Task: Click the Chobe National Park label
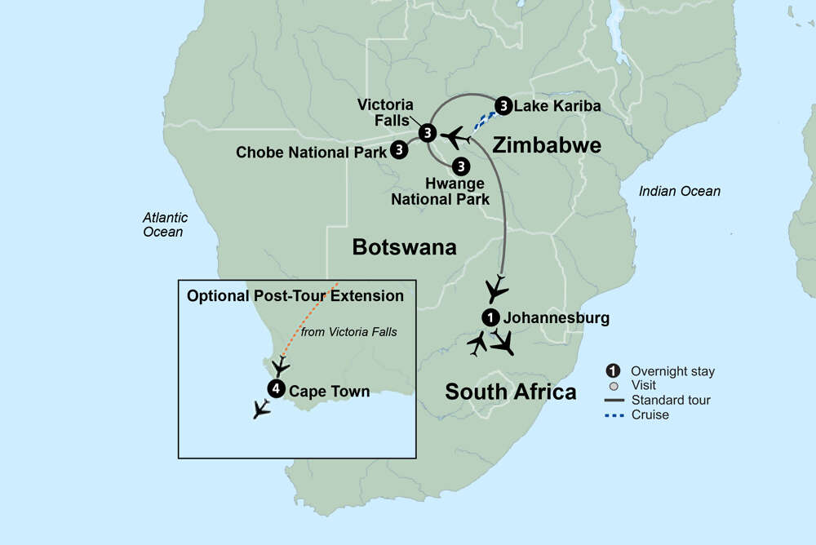[x=311, y=152]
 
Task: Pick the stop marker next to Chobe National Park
[x=398, y=149]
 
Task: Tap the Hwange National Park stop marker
[x=461, y=166]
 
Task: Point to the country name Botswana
[x=404, y=247]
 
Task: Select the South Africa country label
[x=510, y=392]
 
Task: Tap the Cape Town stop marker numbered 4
[x=277, y=389]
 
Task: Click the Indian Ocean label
[x=680, y=191]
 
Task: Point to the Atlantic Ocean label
[x=165, y=224]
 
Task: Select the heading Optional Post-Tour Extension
[x=295, y=296]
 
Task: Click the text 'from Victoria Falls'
[x=348, y=332]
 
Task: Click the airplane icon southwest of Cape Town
[x=261, y=409]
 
